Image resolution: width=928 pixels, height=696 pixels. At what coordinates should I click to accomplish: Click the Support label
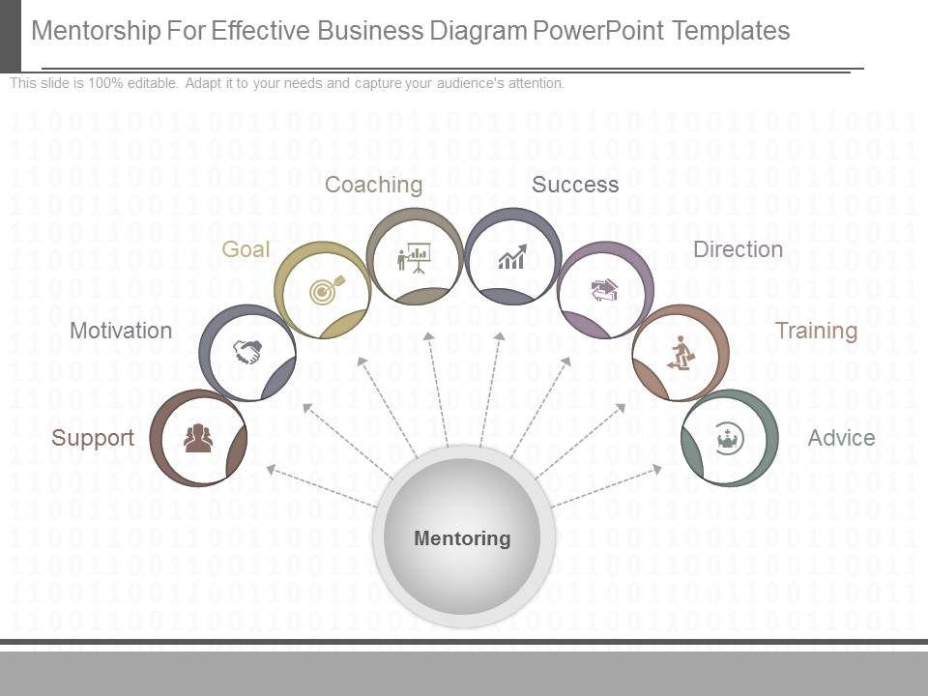point(93,438)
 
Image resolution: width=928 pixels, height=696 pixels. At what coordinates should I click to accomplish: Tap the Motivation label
point(121,331)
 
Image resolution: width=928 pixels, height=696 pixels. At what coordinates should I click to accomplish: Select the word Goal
point(246,249)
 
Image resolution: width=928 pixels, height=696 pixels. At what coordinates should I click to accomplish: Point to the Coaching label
point(373,185)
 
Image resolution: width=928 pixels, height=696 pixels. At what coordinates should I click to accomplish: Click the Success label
point(575,185)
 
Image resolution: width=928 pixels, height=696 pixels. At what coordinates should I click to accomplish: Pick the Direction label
point(738,249)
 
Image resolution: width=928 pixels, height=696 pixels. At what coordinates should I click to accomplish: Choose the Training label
point(817,331)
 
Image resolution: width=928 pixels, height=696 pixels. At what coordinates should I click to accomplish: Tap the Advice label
point(841,438)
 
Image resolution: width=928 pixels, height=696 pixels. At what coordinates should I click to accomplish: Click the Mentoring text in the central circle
point(462,538)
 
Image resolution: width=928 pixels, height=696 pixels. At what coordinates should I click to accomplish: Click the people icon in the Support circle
point(198,438)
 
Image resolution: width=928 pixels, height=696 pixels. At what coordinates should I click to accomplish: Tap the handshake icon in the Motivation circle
point(246,352)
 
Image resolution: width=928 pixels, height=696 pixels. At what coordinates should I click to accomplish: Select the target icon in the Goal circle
point(324,289)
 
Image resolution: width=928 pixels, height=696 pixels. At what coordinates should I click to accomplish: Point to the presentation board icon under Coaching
point(414,258)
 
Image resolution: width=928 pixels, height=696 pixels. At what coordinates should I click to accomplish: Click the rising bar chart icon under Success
point(512,257)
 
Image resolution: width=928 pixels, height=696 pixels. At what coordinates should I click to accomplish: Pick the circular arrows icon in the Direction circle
point(605,289)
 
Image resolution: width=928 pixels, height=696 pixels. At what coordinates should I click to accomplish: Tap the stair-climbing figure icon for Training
point(681,353)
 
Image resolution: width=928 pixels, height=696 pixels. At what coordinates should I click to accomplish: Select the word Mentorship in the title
point(97,31)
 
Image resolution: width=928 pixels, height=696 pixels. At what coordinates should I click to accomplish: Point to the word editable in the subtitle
point(152,84)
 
